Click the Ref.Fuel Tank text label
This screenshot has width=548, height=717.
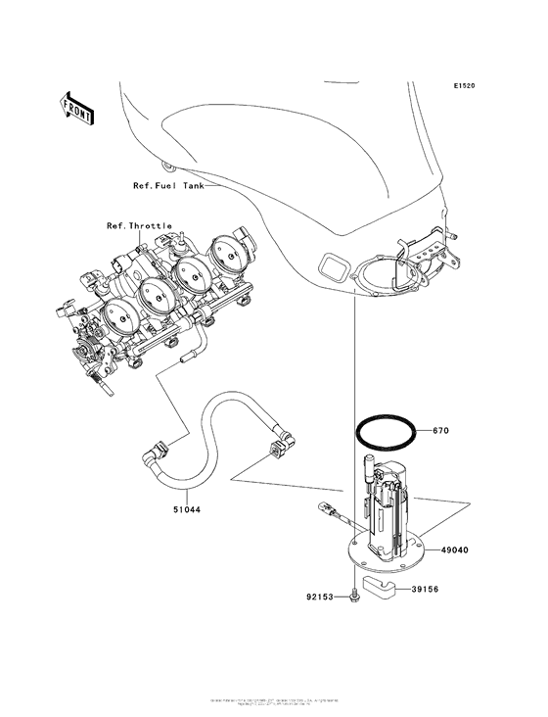[168, 185]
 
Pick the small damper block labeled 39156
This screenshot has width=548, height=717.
[381, 588]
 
